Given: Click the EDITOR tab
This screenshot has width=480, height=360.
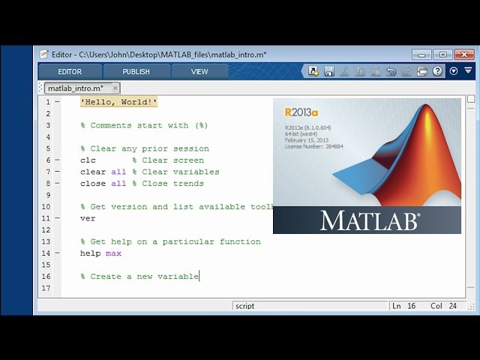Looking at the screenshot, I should (x=70, y=71).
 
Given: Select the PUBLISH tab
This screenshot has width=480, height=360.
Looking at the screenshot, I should (x=136, y=71).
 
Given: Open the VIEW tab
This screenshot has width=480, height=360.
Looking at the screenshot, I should (x=199, y=71).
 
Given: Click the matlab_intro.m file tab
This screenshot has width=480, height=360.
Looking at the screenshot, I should (x=75, y=88).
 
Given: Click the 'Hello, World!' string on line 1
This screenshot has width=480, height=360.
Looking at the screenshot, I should (x=118, y=102).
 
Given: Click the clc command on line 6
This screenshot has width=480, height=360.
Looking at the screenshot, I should (x=88, y=160).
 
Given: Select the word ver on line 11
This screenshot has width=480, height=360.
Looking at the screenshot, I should (x=88, y=218).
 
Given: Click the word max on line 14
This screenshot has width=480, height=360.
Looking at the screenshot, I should (x=113, y=253).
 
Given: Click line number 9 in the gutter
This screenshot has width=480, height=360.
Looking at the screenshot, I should (x=48, y=195).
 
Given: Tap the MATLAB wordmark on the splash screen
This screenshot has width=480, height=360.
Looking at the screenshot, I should (x=370, y=220).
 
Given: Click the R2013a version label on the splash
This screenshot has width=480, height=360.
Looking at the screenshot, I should (x=301, y=112).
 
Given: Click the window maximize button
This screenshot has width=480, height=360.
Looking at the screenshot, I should (x=442, y=54).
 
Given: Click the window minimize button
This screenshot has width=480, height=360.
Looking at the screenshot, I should (x=422, y=54).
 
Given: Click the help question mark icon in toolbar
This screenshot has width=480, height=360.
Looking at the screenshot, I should (x=437, y=71).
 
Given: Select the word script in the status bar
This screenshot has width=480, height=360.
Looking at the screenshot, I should (x=244, y=306).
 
